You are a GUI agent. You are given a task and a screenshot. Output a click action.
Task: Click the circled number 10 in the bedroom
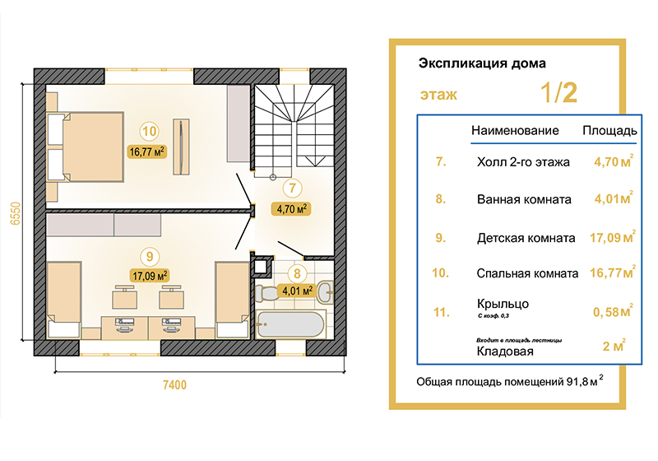tap(149, 132)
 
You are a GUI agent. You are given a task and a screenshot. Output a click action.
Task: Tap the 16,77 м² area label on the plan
tap(146, 151)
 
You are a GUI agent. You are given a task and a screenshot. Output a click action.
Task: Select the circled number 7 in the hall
tap(292, 189)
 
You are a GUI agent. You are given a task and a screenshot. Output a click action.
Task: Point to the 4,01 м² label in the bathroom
tap(298, 291)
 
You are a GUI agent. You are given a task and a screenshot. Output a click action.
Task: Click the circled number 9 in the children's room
tap(150, 256)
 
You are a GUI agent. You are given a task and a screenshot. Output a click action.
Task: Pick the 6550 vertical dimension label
tap(15, 214)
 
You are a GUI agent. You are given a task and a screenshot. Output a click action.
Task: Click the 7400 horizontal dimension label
tap(174, 384)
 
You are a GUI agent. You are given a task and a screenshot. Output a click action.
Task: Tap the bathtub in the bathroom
tap(290, 324)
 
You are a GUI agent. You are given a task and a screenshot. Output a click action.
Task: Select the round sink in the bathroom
tap(326, 291)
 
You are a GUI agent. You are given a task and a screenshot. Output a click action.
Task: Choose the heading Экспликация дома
tap(482, 63)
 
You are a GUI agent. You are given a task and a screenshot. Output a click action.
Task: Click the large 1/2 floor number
tap(559, 92)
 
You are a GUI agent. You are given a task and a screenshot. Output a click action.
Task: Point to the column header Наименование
tap(515, 130)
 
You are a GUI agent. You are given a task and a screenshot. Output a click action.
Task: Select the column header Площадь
tap(609, 131)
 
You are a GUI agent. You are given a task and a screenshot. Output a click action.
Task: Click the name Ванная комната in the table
tap(524, 199)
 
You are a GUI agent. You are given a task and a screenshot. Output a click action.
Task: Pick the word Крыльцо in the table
tap(503, 304)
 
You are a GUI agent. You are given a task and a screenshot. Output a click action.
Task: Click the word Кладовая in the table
tap(505, 351)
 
